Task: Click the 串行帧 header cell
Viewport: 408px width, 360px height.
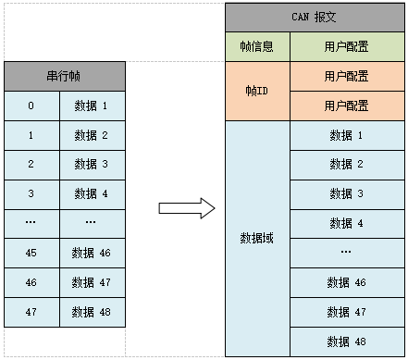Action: (65, 77)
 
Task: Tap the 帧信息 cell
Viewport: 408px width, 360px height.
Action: (258, 46)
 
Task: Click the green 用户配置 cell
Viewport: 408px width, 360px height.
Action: (346, 46)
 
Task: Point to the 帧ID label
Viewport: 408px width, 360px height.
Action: (258, 91)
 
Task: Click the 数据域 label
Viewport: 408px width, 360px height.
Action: (258, 238)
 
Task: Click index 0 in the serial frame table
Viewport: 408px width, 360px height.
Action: (31, 106)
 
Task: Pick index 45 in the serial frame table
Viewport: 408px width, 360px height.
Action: (31, 253)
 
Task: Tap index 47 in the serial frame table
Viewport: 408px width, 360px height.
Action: (31, 312)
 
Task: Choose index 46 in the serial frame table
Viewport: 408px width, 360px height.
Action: (31, 282)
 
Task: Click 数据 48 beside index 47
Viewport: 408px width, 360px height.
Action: (91, 312)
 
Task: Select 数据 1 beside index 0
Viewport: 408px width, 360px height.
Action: (91, 106)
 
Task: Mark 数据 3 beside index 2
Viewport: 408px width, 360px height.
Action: (91, 165)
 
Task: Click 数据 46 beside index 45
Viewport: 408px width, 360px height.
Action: (91, 253)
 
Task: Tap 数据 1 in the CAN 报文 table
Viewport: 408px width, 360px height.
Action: (346, 135)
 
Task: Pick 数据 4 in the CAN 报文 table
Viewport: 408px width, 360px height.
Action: (346, 223)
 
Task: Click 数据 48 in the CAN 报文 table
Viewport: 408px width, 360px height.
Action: (346, 340)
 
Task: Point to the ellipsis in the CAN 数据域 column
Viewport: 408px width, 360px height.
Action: (346, 252)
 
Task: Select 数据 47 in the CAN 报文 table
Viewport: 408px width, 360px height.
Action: (346, 311)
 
